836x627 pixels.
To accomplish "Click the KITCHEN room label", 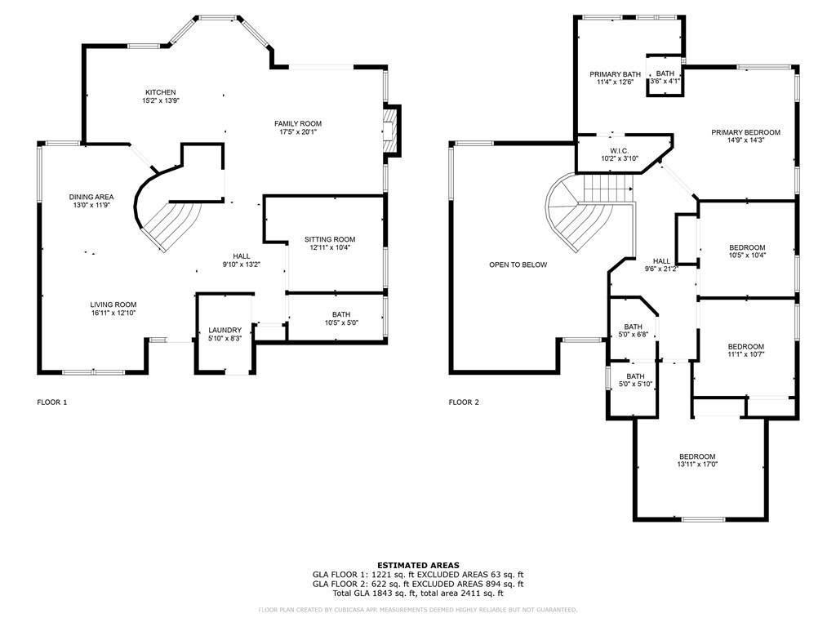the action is click(161, 92).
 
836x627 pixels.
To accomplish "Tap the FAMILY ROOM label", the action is click(298, 124).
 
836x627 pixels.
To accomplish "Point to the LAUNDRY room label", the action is click(225, 330).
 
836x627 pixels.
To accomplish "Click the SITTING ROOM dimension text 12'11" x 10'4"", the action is click(330, 247).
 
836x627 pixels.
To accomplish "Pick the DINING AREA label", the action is click(91, 197).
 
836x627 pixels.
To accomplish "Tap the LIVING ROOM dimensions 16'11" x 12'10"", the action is click(113, 313).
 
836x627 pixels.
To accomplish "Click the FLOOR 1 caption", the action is click(52, 402).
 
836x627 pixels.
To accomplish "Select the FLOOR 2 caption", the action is click(464, 402).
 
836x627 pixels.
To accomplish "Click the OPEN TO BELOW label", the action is click(518, 265).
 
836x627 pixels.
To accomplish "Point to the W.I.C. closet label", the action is click(620, 151).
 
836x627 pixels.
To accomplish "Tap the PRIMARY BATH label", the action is click(616, 74).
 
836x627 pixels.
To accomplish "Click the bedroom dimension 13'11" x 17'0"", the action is click(697, 464).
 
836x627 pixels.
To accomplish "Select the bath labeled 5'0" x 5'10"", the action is click(635, 384).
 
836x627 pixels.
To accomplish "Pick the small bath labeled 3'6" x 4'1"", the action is click(665, 81).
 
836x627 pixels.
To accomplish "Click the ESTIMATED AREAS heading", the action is click(418, 565).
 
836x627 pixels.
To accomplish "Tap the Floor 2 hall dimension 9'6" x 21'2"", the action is click(661, 269).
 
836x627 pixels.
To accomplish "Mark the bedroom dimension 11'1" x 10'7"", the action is click(746, 354).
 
